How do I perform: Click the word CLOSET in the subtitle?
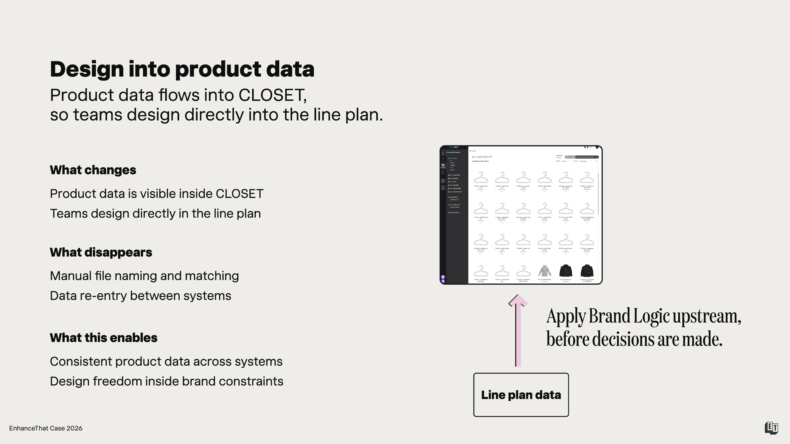coord(272,95)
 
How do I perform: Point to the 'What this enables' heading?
coord(104,338)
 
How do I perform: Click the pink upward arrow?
coord(518,331)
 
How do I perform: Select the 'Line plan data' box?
coord(521,395)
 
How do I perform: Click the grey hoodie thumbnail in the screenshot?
coord(544,271)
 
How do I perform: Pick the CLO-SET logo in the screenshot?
coord(454,147)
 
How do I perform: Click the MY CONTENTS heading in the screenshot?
coord(481,157)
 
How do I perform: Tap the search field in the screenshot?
coord(586,157)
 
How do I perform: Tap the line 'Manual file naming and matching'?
coord(144,276)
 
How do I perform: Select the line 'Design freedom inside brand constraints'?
coord(166,381)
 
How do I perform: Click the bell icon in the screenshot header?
coord(588,147)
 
